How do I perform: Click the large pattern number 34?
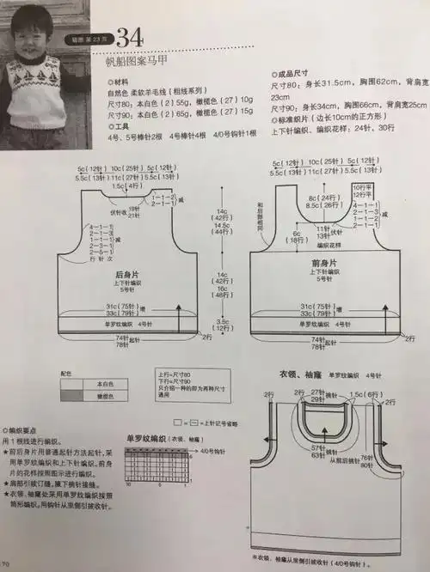pyautogui.click(x=129, y=38)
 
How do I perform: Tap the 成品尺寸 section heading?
pyautogui.click(x=298, y=75)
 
